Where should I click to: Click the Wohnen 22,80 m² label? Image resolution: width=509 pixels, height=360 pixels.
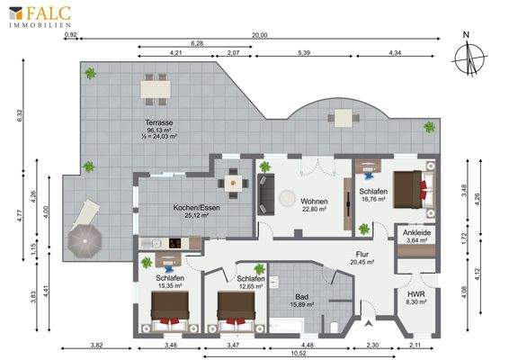(314, 204)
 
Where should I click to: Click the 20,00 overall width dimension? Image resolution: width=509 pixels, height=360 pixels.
(259, 36)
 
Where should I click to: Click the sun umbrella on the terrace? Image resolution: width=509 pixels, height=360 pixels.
(87, 239)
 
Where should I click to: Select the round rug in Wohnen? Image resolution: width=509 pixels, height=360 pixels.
(290, 198)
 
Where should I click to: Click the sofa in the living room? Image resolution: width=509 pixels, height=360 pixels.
(267, 189)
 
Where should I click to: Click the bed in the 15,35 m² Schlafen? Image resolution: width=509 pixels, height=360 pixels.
(170, 310)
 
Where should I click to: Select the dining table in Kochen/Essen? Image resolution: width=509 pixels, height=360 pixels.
(235, 182)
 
